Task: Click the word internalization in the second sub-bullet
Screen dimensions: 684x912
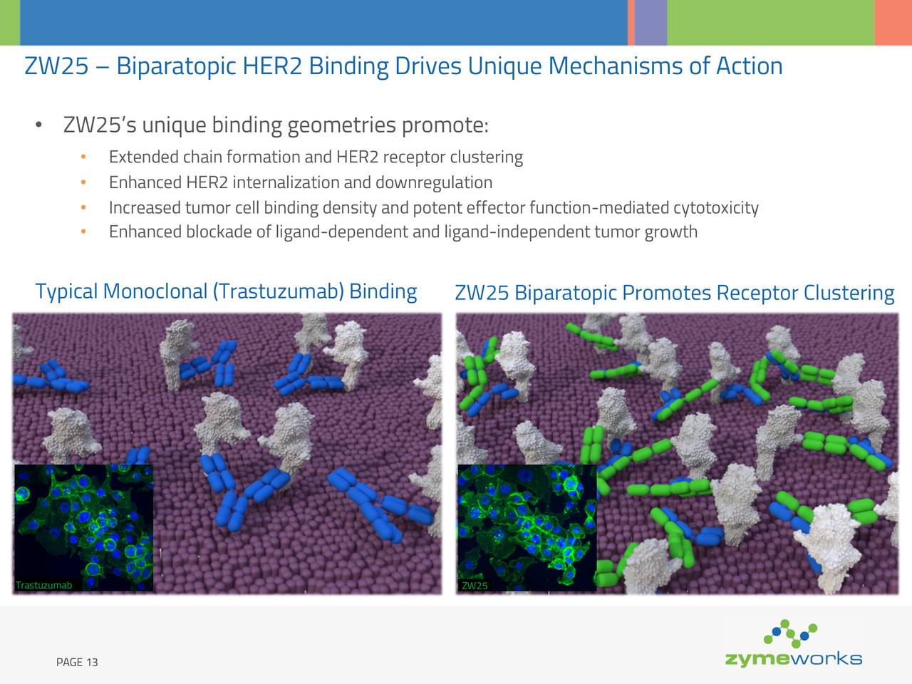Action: click(x=286, y=182)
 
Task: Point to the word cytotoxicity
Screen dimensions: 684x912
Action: click(x=715, y=207)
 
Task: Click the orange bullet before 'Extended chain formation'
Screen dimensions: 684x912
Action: click(x=83, y=157)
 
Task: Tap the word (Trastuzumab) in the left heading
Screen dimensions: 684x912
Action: click(x=278, y=291)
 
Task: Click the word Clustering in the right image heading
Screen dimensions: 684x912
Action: click(x=849, y=293)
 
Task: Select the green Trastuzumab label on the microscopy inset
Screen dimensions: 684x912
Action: click(x=43, y=586)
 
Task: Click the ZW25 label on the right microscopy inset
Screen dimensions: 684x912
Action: click(x=475, y=586)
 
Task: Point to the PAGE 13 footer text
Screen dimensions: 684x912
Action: click(x=77, y=663)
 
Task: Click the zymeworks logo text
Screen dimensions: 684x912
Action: click(x=793, y=658)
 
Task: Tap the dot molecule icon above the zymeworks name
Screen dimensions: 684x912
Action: click(x=790, y=632)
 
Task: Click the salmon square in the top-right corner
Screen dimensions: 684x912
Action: click(x=893, y=22)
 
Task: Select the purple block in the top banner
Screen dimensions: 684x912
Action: click(x=650, y=22)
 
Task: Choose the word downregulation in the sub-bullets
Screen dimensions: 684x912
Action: click(x=433, y=182)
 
